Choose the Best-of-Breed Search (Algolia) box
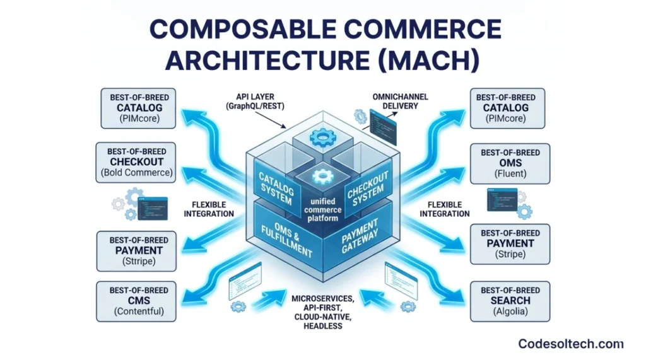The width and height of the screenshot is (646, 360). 510,301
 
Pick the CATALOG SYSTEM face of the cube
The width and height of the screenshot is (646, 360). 275,186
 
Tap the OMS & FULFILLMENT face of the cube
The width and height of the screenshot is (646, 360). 288,235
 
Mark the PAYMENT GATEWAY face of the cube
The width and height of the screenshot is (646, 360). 360,234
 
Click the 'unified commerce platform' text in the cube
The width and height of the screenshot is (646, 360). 323,209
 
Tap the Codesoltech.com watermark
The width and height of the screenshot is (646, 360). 571,344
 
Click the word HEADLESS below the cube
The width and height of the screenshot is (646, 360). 324,326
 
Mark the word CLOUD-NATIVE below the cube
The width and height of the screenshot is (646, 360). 323,316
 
